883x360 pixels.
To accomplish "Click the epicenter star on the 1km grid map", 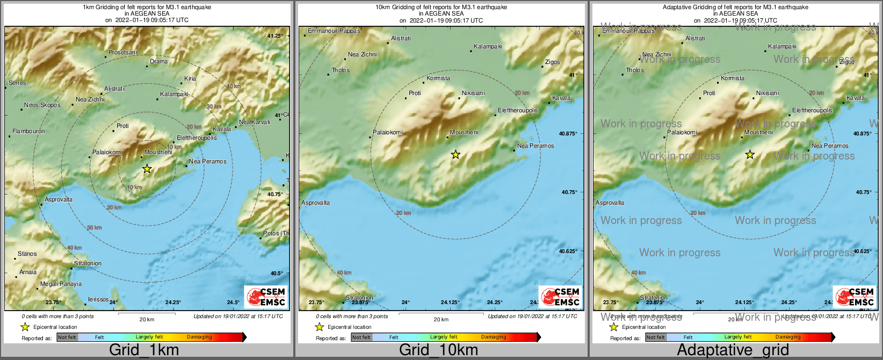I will pyautogui.click(x=147, y=169).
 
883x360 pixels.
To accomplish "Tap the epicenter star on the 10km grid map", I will pyautogui.click(x=455, y=155).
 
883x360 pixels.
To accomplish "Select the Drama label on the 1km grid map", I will pyautogui.click(x=158, y=62).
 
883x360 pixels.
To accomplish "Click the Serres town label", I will pyautogui.click(x=17, y=83).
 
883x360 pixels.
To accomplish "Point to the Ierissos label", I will pyautogui.click(x=98, y=300).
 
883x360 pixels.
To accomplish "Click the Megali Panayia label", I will pyautogui.click(x=61, y=284).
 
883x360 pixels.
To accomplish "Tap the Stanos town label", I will pyautogui.click(x=27, y=254).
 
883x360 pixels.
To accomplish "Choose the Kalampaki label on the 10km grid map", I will pyautogui.click(x=488, y=47).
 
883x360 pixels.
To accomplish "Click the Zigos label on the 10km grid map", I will pyautogui.click(x=552, y=62).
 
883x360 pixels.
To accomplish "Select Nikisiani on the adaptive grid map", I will pyautogui.click(x=767, y=93).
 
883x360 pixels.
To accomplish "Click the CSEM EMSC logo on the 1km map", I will pyautogui.click(x=266, y=297).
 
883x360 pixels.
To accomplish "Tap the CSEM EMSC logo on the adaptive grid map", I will pyautogui.click(x=854, y=297).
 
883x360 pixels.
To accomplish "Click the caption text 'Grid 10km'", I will pyautogui.click(x=438, y=350).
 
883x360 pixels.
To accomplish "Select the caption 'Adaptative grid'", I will pyautogui.click(x=733, y=350).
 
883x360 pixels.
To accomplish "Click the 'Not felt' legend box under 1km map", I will pyautogui.click(x=67, y=337).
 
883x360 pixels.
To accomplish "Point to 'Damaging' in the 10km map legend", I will pyautogui.click(x=493, y=337).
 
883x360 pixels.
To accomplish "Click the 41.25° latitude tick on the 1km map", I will pyautogui.click(x=275, y=36).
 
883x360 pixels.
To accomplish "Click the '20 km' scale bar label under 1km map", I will pyautogui.click(x=147, y=320).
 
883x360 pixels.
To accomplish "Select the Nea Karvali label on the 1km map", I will pyautogui.click(x=254, y=123).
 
